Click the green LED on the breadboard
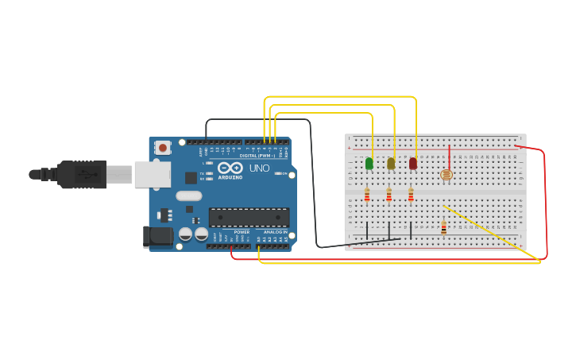369,164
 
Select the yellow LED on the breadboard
391,164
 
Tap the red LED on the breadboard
413,164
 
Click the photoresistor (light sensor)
446,174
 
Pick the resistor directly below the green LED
367,194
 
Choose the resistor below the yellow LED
389,194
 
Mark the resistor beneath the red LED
411,194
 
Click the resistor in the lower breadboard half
443,228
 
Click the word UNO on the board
260,168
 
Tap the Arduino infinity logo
230,168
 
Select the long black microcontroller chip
249,217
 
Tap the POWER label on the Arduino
242,232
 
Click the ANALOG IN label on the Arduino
275,232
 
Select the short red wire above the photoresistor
449,156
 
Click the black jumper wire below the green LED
367,230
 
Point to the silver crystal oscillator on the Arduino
189,195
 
